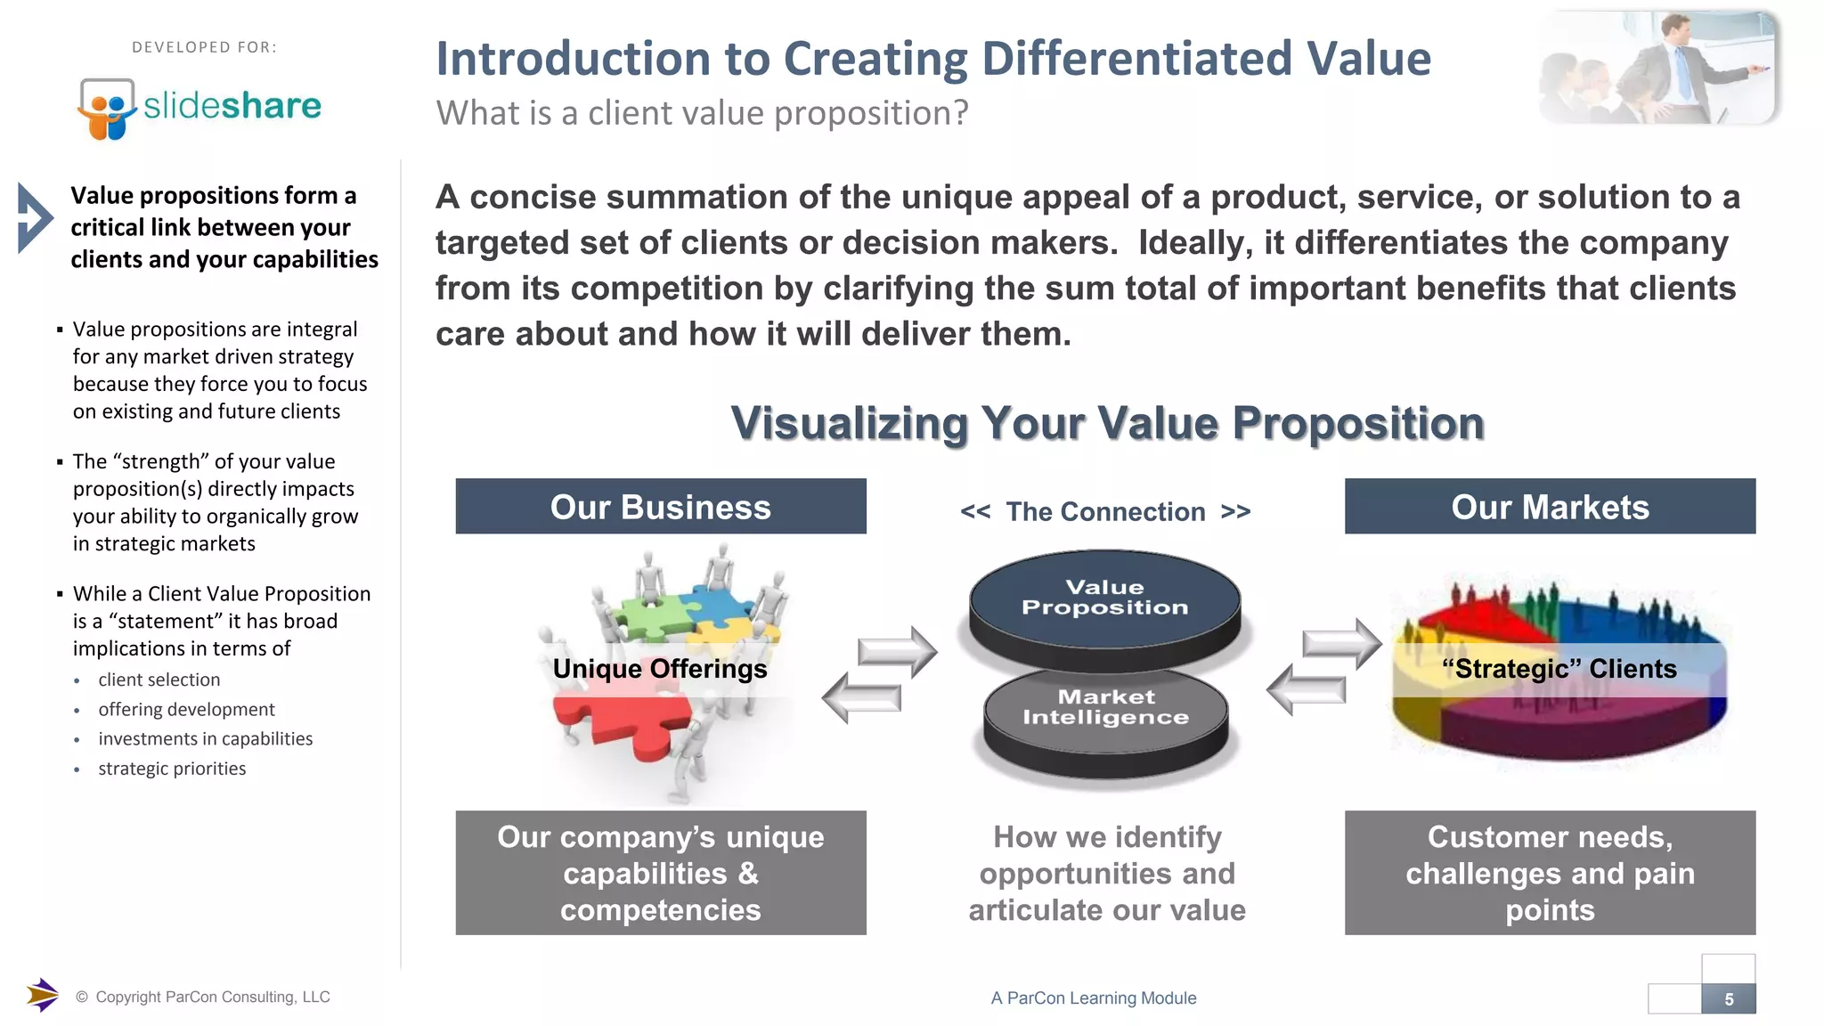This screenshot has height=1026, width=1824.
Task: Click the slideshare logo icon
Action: point(107,109)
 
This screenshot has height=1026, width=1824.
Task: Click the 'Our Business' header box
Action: point(660,507)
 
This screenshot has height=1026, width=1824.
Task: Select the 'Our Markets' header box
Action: point(1550,507)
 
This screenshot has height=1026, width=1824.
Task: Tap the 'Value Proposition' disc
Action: point(1104,598)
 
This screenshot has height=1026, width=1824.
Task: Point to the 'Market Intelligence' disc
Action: point(1105,708)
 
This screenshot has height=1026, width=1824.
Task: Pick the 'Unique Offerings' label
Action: point(659,669)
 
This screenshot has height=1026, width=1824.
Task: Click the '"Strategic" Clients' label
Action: point(1559,669)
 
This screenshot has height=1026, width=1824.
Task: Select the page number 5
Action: point(1728,999)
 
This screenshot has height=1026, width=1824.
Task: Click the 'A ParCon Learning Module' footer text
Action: point(1093,998)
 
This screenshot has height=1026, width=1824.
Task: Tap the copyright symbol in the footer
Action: point(82,997)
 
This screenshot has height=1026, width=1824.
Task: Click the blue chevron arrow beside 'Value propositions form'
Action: point(34,218)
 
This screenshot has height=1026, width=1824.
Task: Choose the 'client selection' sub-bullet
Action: point(159,680)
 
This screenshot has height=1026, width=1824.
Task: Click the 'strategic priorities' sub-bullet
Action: point(172,769)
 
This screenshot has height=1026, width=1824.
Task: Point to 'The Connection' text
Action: point(1105,512)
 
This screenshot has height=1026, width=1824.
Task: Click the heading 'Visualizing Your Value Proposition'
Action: point(1107,423)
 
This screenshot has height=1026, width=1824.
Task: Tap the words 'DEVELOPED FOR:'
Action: point(204,47)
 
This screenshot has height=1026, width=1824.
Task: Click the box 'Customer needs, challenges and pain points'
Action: point(1550,873)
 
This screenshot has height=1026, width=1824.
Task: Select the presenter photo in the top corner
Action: point(1658,69)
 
